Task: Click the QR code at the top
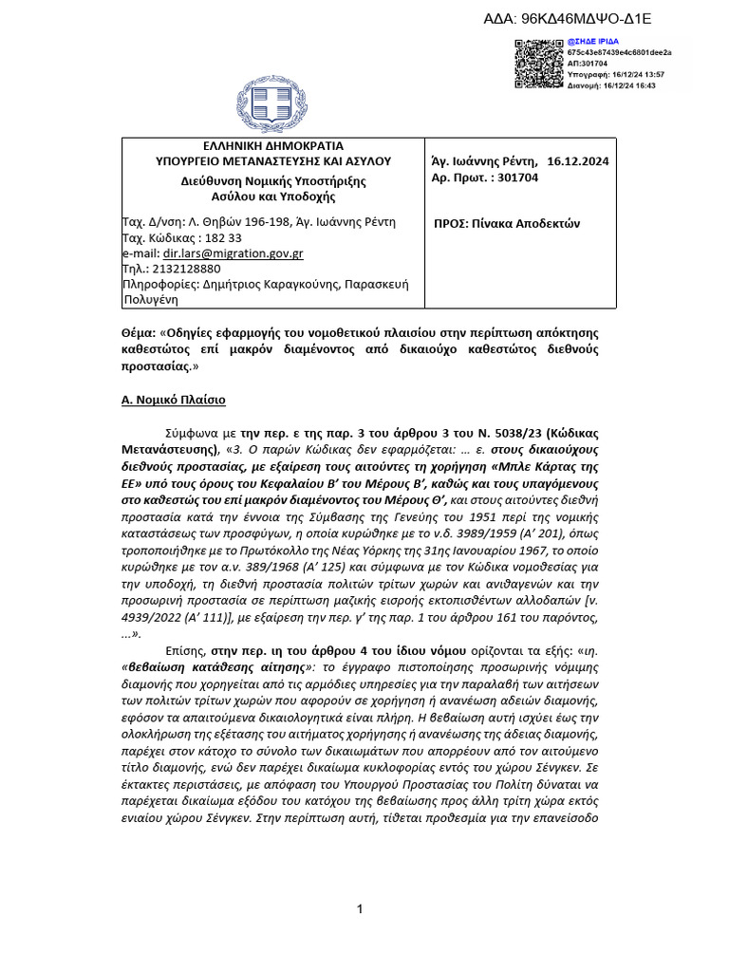point(539,64)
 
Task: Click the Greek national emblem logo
point(272,107)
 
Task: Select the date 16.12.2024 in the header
point(578,161)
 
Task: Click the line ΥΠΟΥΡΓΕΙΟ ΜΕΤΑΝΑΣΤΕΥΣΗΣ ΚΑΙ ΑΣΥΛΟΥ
point(273,162)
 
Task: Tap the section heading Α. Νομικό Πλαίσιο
point(178,400)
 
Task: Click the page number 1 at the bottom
point(361,910)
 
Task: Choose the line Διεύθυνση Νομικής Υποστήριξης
point(273,180)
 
